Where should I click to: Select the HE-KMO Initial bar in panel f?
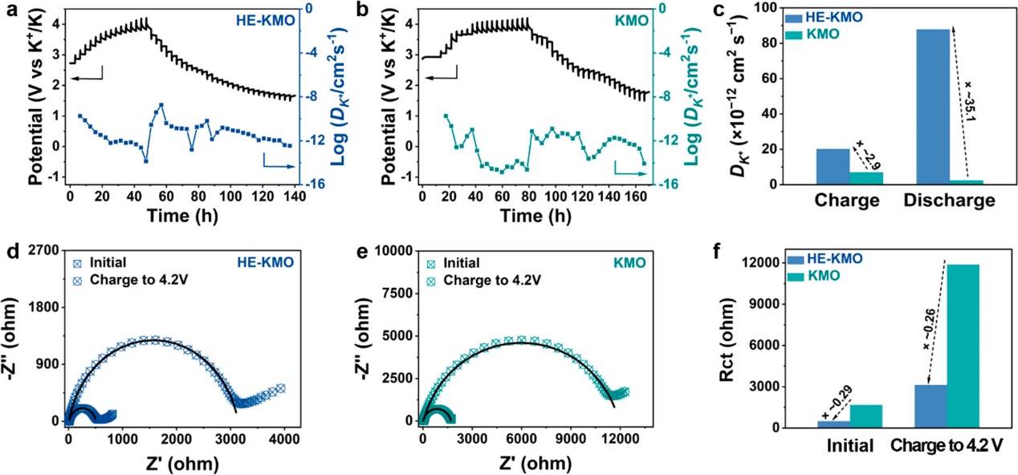834,424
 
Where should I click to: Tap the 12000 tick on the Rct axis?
792,263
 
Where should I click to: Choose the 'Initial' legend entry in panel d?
107,262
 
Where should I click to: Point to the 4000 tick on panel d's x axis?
285,441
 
